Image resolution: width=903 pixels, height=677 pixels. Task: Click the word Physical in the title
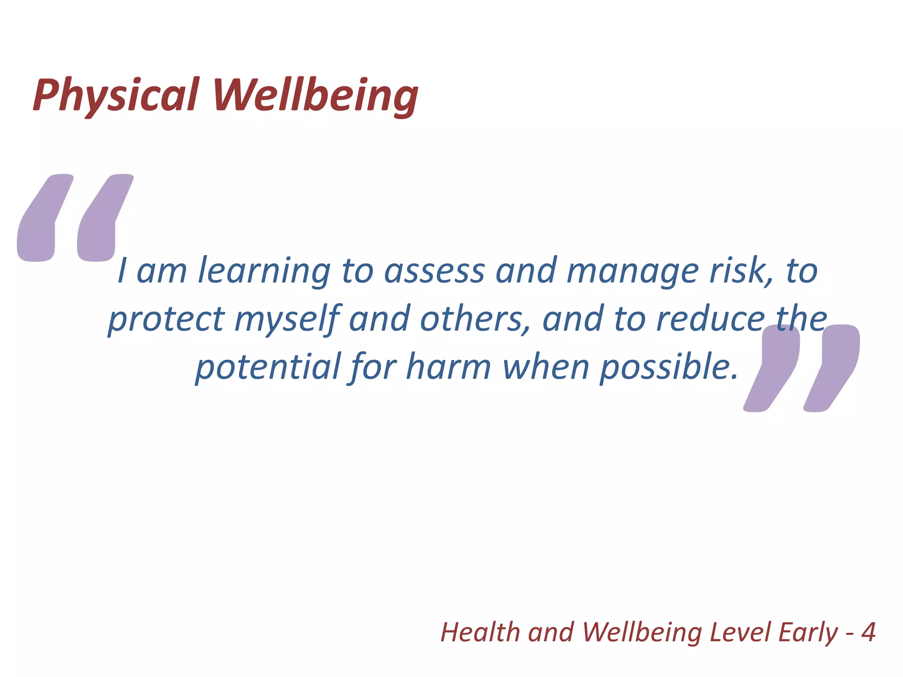coord(116,95)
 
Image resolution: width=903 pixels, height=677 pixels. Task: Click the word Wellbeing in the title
coord(316,95)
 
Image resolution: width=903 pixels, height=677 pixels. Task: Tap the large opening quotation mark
coord(75,218)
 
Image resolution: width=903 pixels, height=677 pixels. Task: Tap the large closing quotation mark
coord(802,368)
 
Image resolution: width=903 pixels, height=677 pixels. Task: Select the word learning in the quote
coord(264,271)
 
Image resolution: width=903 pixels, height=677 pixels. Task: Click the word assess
coord(434,271)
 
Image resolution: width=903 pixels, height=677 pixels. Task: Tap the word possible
coord(668,367)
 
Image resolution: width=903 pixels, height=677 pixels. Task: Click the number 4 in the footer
coord(868,632)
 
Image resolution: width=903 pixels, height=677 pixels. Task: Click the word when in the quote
coord(546,367)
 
